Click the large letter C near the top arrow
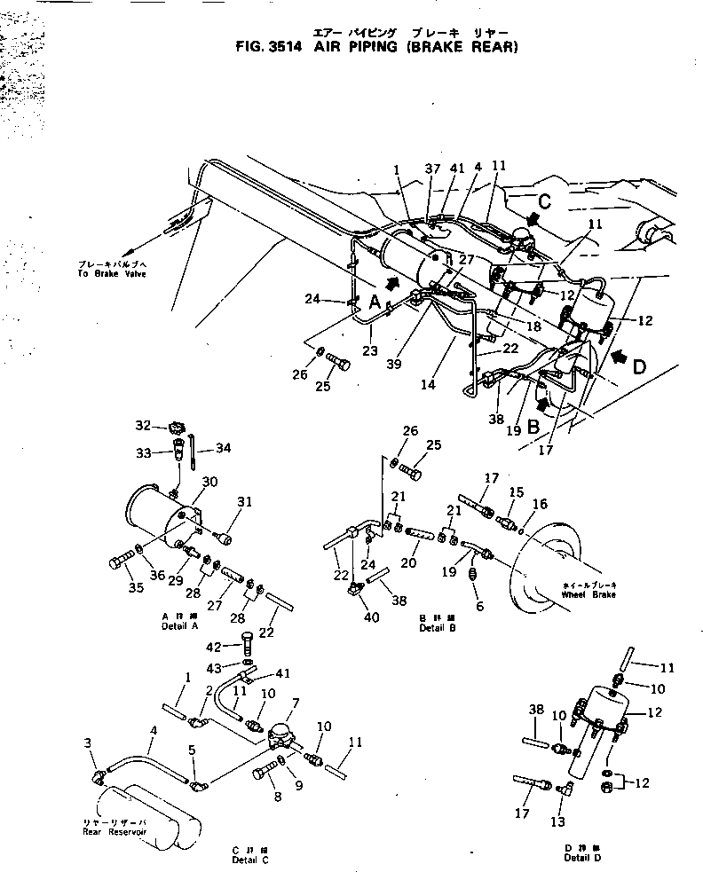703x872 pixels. (x=544, y=201)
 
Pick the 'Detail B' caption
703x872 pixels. (x=437, y=626)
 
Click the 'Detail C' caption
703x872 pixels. (x=250, y=860)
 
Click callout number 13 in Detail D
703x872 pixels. (x=558, y=822)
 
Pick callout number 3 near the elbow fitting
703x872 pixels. (x=88, y=742)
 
